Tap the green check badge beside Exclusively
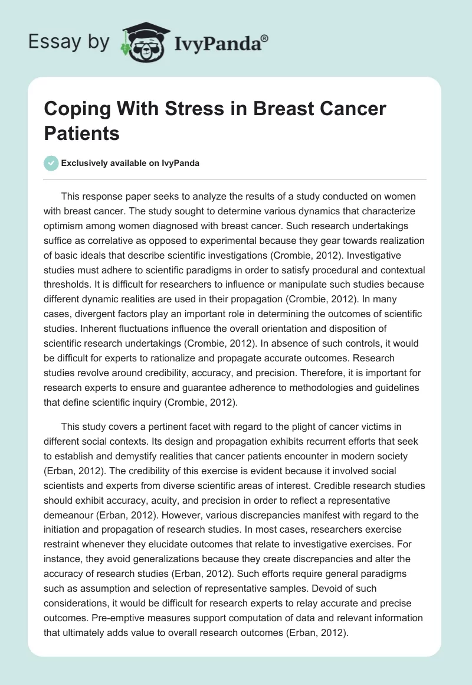51,163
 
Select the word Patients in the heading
82,133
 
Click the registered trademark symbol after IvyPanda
264,37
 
